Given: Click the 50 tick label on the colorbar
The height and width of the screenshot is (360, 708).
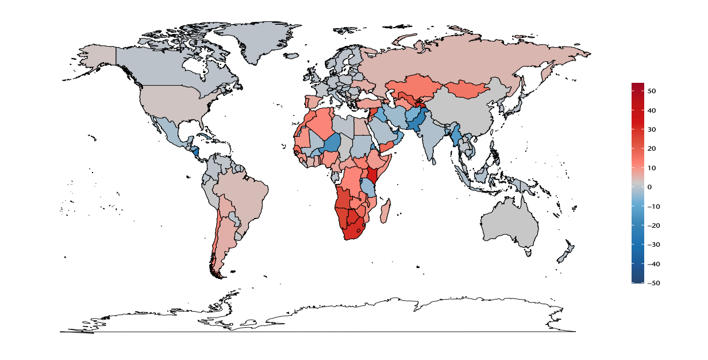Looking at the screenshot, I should [x=652, y=91].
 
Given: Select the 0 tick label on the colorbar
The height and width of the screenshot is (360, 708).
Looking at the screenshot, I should [x=649, y=187].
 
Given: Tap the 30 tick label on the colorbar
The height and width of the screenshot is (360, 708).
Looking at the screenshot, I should [x=652, y=129].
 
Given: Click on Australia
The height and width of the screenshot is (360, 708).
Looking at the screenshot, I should [x=509, y=224].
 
